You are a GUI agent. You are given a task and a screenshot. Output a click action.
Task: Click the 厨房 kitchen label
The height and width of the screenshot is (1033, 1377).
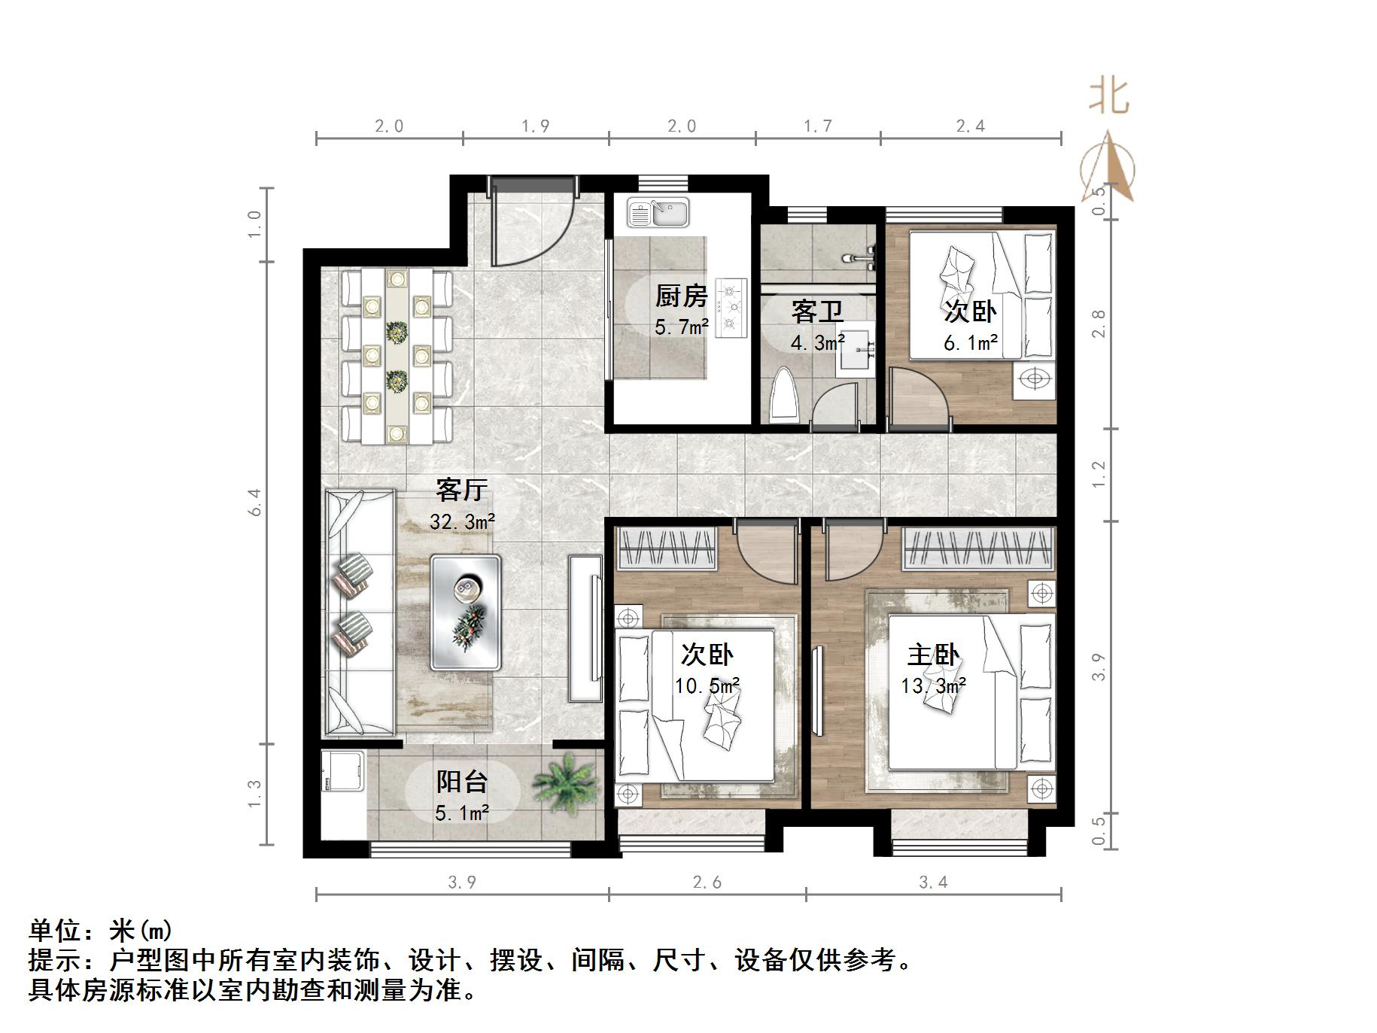681,296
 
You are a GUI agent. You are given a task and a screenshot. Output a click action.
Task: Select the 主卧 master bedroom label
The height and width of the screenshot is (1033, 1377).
933,655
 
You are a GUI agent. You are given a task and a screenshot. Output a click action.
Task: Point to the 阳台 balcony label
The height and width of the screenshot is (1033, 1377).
462,782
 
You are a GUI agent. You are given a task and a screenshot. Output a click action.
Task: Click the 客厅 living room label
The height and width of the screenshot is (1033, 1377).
462,491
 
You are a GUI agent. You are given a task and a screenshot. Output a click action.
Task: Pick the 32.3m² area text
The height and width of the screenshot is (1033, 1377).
462,521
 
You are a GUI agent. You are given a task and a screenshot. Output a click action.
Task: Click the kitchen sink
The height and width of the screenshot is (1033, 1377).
658,213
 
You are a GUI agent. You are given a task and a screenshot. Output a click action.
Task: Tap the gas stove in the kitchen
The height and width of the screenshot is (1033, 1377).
730,307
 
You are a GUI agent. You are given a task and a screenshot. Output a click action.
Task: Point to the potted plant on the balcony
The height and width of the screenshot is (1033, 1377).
566,782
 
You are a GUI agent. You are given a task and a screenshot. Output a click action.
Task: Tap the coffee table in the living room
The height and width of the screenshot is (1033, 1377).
465,612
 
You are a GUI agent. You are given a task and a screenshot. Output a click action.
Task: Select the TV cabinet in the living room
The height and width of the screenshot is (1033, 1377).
585,628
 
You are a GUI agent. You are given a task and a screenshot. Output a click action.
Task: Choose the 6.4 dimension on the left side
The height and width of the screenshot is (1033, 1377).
255,502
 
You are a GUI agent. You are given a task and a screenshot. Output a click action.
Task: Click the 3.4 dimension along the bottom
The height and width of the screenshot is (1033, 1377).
933,882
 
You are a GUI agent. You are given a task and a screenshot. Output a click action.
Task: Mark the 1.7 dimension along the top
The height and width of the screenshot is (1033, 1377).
817,126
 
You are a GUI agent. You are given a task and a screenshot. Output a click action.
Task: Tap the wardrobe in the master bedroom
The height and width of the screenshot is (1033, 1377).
977,547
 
